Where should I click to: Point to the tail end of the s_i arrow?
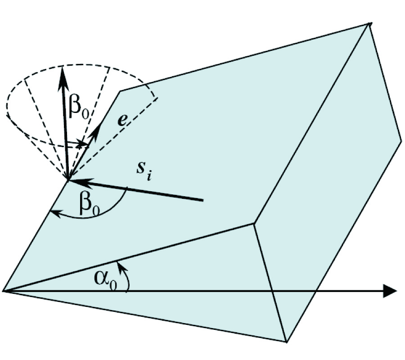203,199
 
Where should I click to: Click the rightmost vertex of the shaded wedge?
401,141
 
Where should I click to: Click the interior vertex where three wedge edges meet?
254,223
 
